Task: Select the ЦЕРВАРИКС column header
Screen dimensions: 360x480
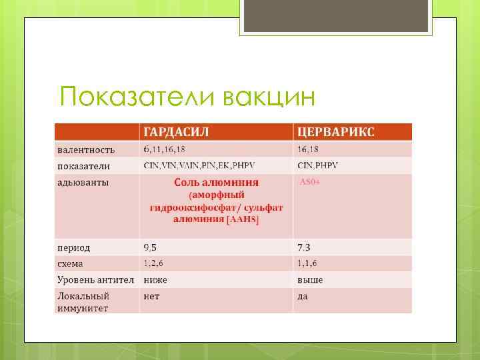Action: [x=336, y=131]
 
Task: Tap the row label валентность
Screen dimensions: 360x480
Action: [x=85, y=149]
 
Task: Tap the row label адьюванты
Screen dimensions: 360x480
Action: [x=83, y=182]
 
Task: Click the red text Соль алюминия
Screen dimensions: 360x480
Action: [x=216, y=182]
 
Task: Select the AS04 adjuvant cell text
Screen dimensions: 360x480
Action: [x=311, y=181]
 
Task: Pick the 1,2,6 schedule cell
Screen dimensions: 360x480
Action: [x=155, y=263]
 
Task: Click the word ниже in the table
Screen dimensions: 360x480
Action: [x=155, y=279]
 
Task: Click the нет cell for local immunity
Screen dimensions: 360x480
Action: [x=151, y=296]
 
